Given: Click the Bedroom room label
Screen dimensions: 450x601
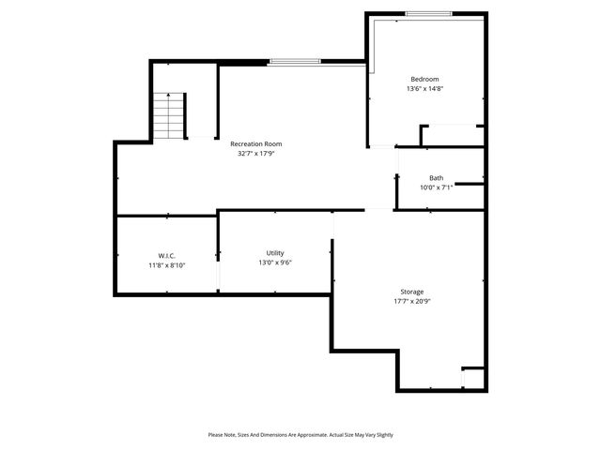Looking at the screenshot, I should (424, 79).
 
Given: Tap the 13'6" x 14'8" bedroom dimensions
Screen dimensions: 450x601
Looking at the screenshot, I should (424, 89).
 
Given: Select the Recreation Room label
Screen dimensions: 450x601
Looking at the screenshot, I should (256, 143).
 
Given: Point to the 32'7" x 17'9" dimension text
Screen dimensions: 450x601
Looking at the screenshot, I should (256, 154).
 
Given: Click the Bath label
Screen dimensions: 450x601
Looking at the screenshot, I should (437, 178).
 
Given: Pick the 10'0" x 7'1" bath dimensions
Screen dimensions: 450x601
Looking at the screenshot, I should (437, 187).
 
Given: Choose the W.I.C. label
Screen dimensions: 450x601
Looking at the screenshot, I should (167, 256).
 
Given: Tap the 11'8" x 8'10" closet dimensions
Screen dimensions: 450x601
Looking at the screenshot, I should (167, 265).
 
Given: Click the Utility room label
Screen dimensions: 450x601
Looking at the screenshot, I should (275, 253).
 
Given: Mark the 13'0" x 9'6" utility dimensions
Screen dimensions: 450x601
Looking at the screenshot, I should (275, 263).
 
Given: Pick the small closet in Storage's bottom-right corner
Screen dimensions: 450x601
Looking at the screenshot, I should (473, 379).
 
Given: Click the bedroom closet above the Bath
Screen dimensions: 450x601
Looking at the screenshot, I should (452, 136).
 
